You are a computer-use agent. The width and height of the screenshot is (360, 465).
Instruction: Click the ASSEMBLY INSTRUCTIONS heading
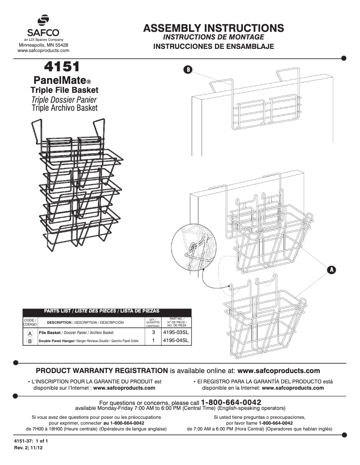pyautogui.click(x=213, y=28)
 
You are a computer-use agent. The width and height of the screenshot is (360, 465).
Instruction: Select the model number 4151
pyautogui.click(x=61, y=67)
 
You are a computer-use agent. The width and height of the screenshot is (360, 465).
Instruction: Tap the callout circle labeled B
pyautogui.click(x=188, y=70)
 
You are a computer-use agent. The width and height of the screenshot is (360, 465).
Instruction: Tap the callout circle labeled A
pyautogui.click(x=331, y=269)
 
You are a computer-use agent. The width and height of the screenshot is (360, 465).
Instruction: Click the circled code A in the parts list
pyautogui.click(x=30, y=334)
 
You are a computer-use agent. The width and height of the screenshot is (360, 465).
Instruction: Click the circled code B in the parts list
pyautogui.click(x=30, y=341)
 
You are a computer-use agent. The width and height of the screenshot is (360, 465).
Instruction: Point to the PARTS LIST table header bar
pyautogui.click(x=107, y=311)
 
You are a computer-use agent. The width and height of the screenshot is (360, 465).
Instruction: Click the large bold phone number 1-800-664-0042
pyautogui.click(x=231, y=402)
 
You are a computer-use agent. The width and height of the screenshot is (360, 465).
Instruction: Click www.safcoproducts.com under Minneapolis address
pyautogui.click(x=43, y=52)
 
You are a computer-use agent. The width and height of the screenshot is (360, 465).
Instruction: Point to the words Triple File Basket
pyautogui.click(x=64, y=90)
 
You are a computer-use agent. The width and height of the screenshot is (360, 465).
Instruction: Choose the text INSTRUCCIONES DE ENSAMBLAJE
pyautogui.click(x=213, y=46)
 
